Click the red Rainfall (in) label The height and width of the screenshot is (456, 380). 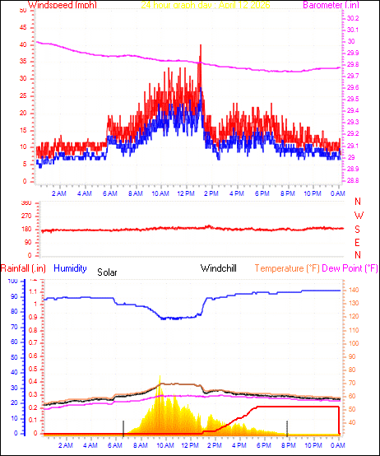point(21,268)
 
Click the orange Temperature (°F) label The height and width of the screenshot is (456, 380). point(287,268)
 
